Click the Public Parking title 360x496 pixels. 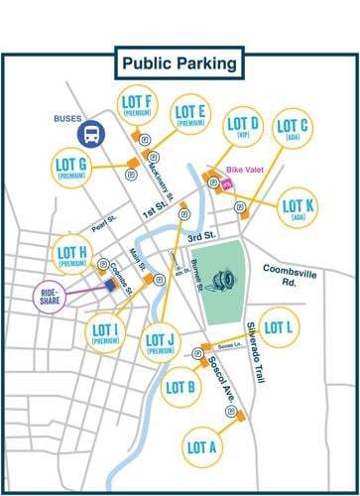click(x=180, y=63)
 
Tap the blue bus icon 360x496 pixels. click(x=95, y=133)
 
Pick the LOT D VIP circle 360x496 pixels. click(x=243, y=129)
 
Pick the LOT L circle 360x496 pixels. click(x=281, y=327)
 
